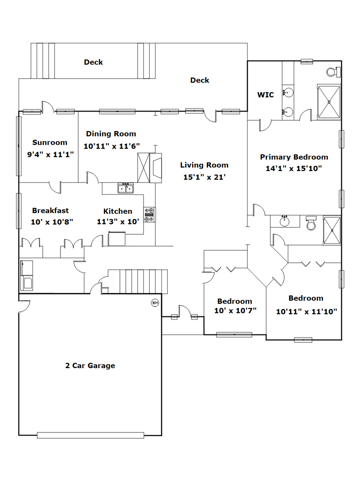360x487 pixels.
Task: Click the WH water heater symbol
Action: (155, 302)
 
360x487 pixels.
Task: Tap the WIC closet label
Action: (265, 95)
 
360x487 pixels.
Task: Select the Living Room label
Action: (204, 165)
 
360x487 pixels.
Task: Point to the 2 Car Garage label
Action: (90, 366)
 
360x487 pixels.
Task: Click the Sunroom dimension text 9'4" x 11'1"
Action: (50, 155)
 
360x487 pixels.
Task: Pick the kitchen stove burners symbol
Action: (149, 215)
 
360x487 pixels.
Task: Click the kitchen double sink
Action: (126, 188)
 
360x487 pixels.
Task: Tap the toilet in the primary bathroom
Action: (334, 72)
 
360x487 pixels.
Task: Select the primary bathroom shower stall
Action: (329, 102)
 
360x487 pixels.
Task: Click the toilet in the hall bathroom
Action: (311, 223)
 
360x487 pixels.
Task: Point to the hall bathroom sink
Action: (285, 221)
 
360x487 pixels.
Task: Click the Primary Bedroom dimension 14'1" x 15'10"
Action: (294, 168)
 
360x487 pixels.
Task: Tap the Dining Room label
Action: (111, 134)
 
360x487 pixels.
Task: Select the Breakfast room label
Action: (50, 211)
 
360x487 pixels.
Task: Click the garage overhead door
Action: (90, 435)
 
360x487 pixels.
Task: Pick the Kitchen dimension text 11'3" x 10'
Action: (118, 222)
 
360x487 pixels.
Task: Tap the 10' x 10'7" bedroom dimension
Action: (235, 311)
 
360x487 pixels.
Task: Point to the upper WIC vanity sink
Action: (288, 93)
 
